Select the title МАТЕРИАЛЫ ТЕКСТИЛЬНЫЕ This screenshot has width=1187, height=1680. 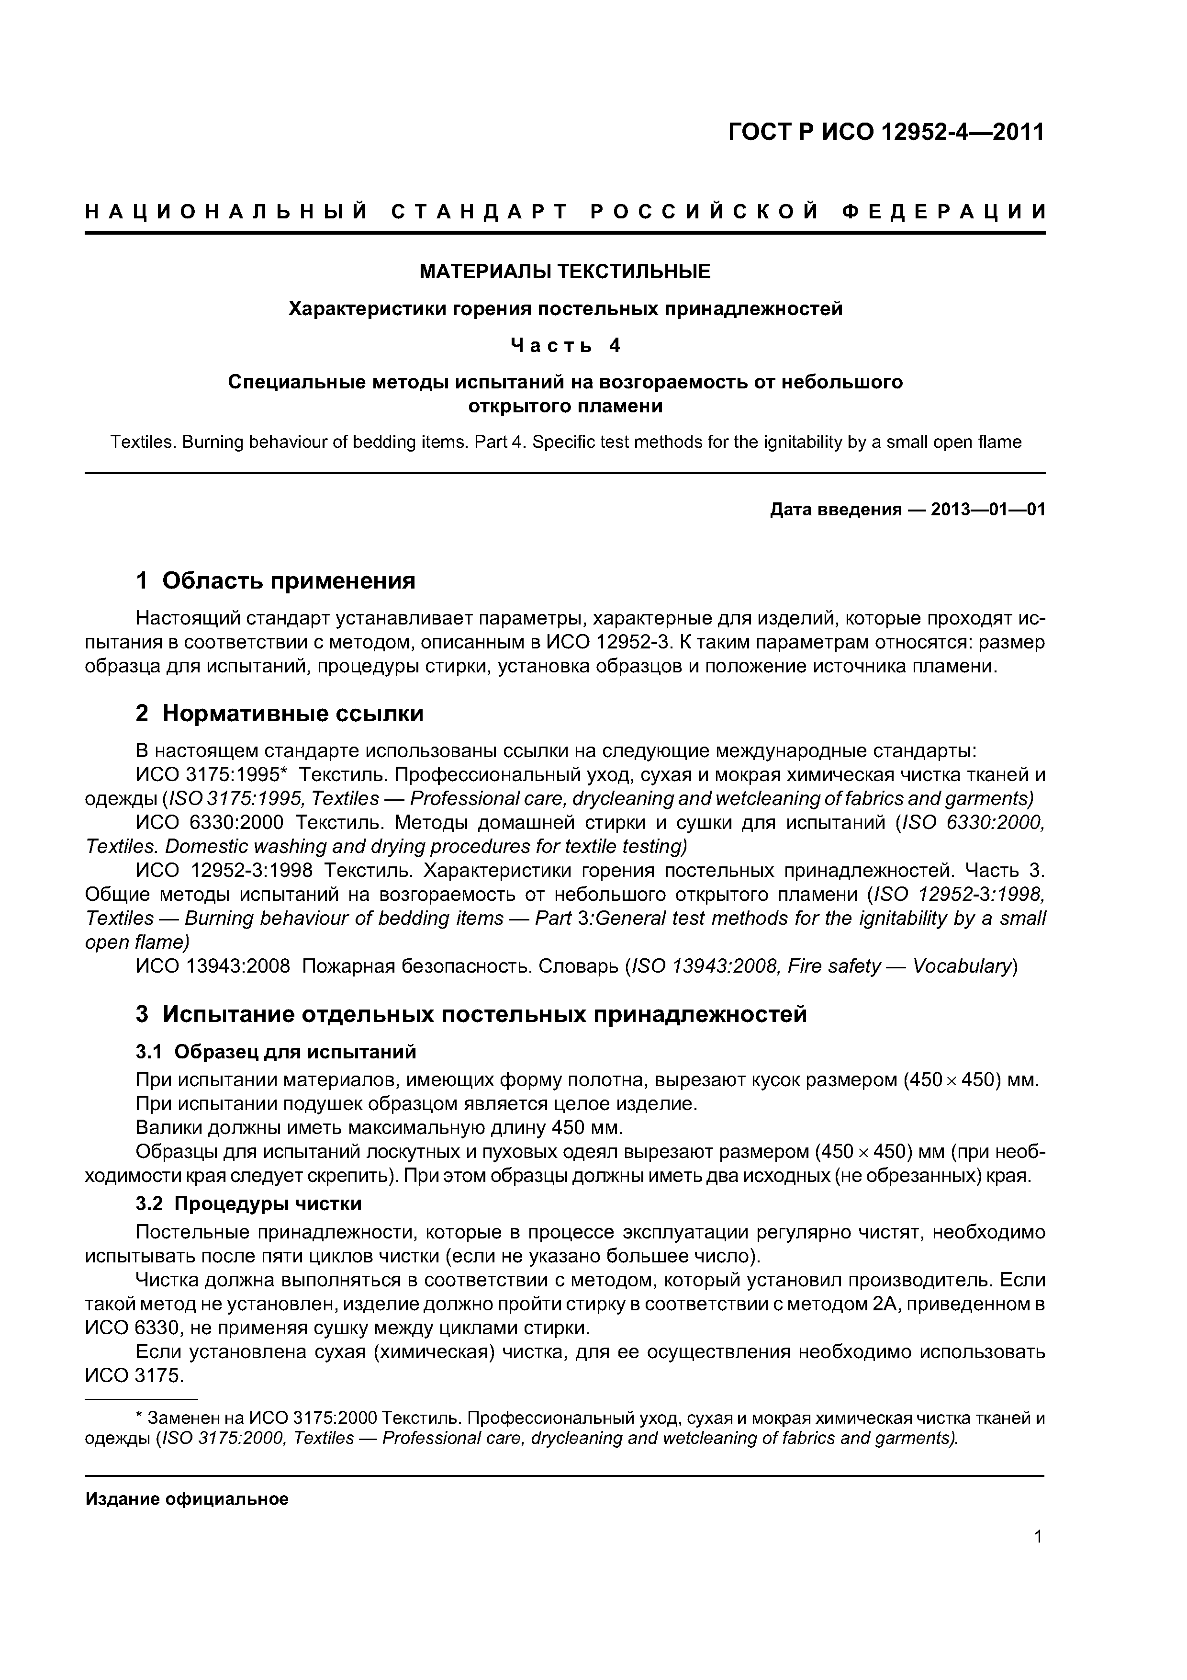(565, 272)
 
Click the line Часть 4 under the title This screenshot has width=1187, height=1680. (565, 345)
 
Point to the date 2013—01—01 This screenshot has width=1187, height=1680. (988, 509)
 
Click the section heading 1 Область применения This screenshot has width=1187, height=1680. (276, 581)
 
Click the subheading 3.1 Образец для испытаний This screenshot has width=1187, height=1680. (276, 1052)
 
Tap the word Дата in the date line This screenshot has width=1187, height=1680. (792, 509)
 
